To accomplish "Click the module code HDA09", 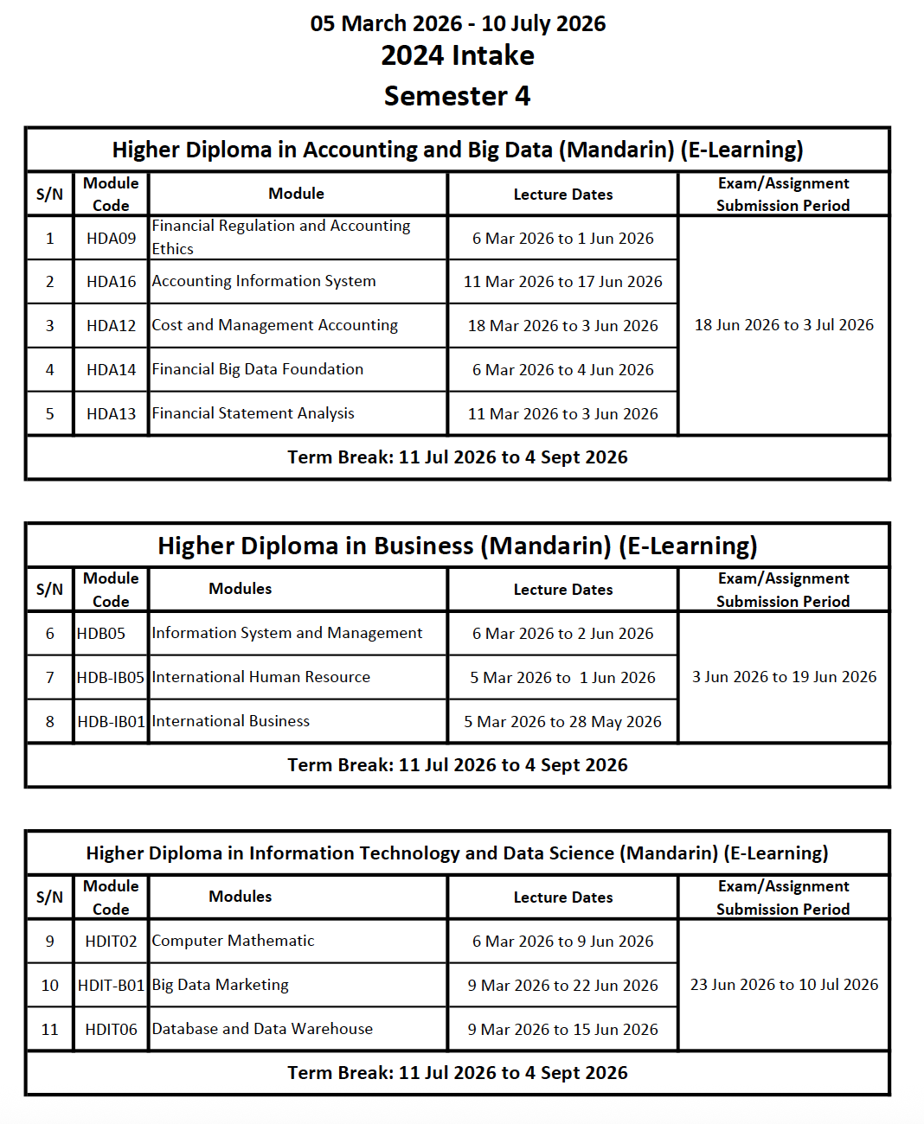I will pos(111,239).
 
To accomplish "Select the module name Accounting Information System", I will pos(264,281).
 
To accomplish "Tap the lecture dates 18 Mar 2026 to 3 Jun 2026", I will pos(562,326).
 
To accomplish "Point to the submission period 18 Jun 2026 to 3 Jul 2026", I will pos(784,325).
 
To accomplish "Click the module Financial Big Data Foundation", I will pos(258,369).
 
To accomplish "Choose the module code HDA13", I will pos(111,414).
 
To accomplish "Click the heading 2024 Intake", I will pos(458,55).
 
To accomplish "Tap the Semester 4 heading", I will pos(457,96).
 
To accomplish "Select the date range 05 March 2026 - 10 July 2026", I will pos(458,23).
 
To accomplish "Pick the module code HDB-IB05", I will pos(111,678).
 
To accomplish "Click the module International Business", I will pos(230,721).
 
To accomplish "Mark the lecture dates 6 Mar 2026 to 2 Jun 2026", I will pos(562,634).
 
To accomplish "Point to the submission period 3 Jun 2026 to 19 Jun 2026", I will pos(784,677).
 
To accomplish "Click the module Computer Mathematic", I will pos(233,941).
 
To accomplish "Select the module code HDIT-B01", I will pos(111,986).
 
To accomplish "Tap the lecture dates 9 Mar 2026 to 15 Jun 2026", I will pos(562,1030).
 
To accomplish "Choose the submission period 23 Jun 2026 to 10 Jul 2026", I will pos(784,985).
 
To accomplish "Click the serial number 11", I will pos(50,1030).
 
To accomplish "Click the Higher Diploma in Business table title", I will pos(457,546).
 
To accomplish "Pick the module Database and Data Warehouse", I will pos(262,1029).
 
